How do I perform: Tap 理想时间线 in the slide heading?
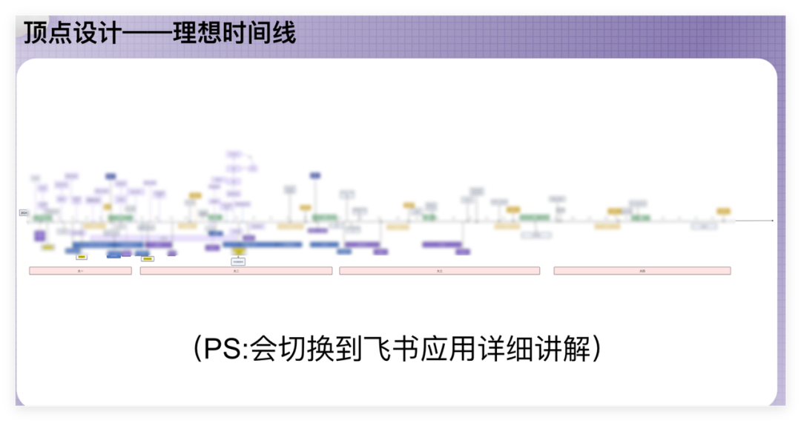[x=234, y=33]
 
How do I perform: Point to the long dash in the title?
[x=146, y=33]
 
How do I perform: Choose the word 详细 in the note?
[x=495, y=350]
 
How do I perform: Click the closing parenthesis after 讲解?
[x=596, y=350]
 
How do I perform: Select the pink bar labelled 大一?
[x=80, y=271]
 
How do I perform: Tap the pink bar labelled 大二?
[x=236, y=271]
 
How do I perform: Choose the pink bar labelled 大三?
[x=439, y=271]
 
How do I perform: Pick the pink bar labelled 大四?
[x=642, y=271]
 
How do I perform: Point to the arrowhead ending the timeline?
[x=772, y=221]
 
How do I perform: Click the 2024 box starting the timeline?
[x=24, y=213]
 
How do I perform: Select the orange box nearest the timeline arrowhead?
[x=723, y=212]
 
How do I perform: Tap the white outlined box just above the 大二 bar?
[x=238, y=261]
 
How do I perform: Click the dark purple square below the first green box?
[x=39, y=235]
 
